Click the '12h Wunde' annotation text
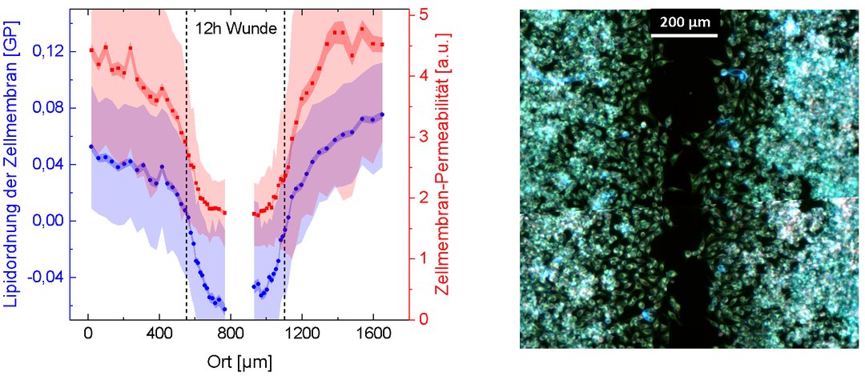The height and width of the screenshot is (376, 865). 235,29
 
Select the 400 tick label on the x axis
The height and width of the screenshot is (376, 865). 159,332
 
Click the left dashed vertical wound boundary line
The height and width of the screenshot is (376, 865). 187,160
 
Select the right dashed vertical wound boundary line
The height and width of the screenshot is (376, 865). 284,160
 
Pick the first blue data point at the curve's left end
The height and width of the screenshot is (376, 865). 91,146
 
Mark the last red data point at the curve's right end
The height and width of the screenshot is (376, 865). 382,44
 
